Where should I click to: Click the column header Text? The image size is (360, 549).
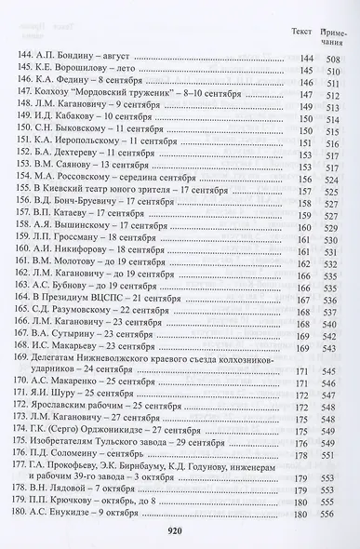click(x=300, y=30)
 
